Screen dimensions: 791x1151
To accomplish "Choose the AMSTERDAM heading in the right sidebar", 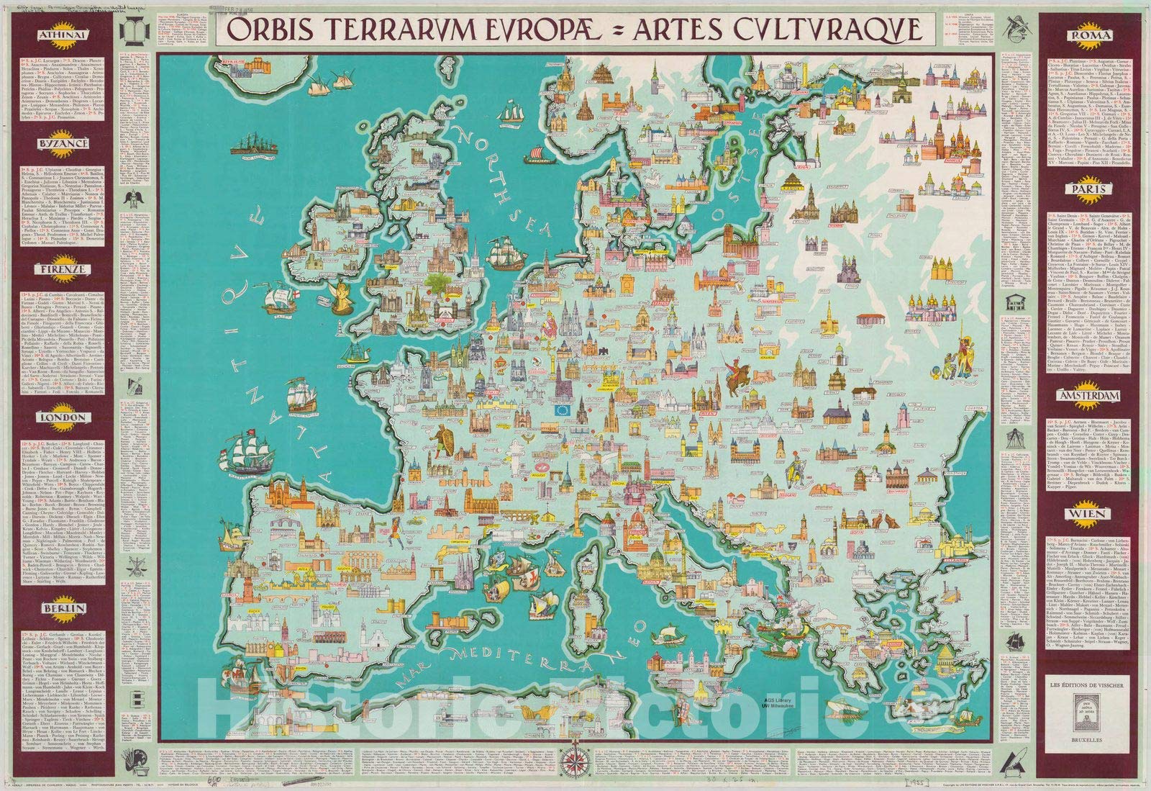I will point(1091,397).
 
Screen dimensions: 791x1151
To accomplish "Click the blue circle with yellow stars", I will point(563,411).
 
